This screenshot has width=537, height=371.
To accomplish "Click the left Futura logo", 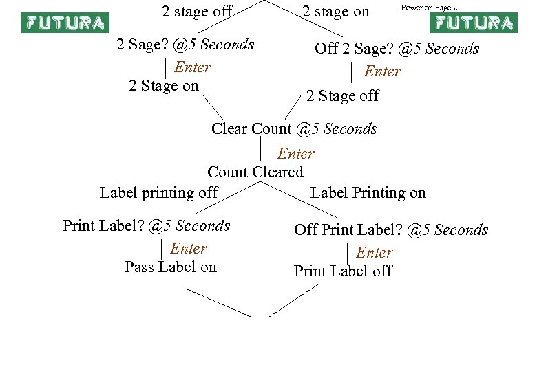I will point(65,23).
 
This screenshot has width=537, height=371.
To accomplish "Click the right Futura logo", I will point(472,23).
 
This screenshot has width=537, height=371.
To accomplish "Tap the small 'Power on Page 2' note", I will point(429,8).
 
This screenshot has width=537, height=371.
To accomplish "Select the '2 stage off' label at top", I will point(197,11).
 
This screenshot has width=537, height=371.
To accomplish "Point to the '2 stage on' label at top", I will point(336,11).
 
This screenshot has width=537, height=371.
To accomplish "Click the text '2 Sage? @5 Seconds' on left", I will point(186,45).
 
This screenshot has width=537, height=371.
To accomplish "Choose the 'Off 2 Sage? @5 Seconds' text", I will point(397,49).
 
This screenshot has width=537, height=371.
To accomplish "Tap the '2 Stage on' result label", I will point(164,86).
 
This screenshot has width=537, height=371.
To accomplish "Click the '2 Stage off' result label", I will point(342,96).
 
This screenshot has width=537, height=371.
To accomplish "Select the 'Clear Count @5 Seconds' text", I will point(295,128).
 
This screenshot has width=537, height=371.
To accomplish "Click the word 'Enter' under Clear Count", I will point(296,154).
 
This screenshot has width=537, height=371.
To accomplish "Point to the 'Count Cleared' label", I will point(255,172).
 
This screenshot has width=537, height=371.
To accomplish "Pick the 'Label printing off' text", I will point(159,192).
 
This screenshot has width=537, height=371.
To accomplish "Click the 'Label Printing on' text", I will point(368,192).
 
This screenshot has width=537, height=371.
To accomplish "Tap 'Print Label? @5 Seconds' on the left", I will point(147,225).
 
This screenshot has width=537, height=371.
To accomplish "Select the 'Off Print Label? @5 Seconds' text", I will point(391,229).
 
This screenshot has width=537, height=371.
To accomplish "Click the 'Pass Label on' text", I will point(170,267).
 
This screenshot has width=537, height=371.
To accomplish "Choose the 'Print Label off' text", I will point(343,271).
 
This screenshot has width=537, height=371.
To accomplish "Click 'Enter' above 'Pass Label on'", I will point(189,248).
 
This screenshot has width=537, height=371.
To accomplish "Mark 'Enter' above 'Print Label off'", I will point(375,253).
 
